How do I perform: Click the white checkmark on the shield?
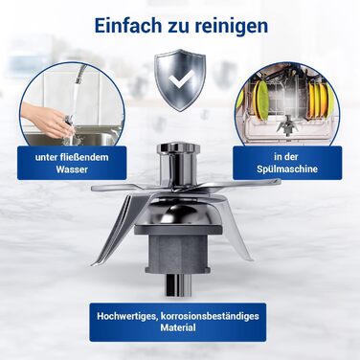click(x=182, y=79)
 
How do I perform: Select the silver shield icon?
click(x=180, y=79)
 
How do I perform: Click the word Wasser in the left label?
click(x=72, y=169)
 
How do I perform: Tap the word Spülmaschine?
click(x=287, y=169)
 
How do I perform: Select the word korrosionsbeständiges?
click(x=210, y=316)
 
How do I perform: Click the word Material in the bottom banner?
click(x=178, y=327)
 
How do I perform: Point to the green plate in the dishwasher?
click(x=263, y=101)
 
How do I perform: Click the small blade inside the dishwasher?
click(x=287, y=125)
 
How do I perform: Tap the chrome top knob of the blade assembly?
click(x=178, y=149)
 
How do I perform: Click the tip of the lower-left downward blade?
click(x=93, y=264)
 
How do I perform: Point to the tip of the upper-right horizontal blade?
click(x=280, y=181)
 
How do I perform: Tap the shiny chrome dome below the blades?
click(x=177, y=214)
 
